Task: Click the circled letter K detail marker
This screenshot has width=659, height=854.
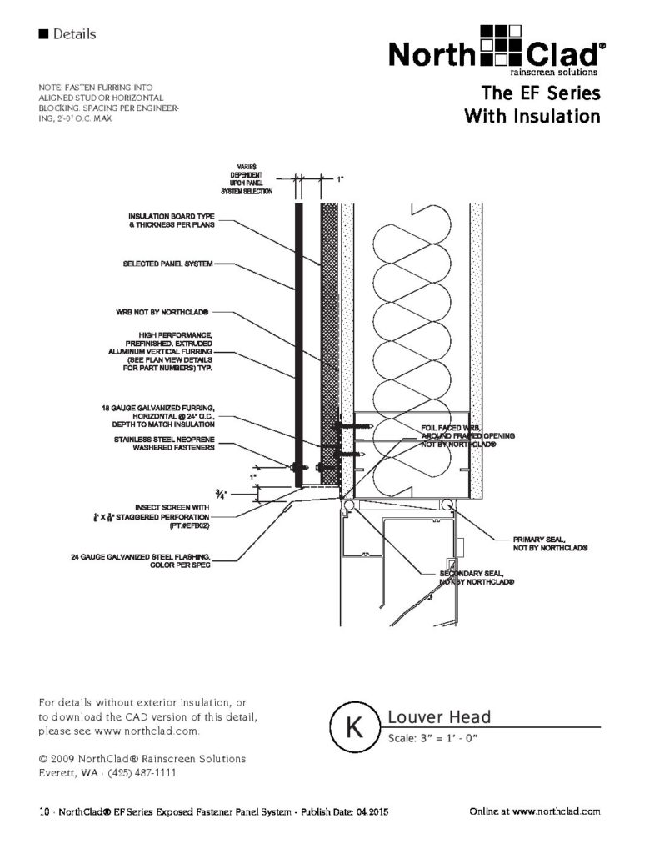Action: tap(352, 725)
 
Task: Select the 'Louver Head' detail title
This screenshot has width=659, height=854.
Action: tap(439, 717)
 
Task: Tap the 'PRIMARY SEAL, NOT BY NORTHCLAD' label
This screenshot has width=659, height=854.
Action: tap(551, 543)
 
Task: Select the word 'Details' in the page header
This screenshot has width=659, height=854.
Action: tap(74, 34)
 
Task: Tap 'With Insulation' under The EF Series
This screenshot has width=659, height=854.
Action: tap(532, 115)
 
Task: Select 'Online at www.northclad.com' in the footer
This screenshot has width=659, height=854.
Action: tap(534, 811)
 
